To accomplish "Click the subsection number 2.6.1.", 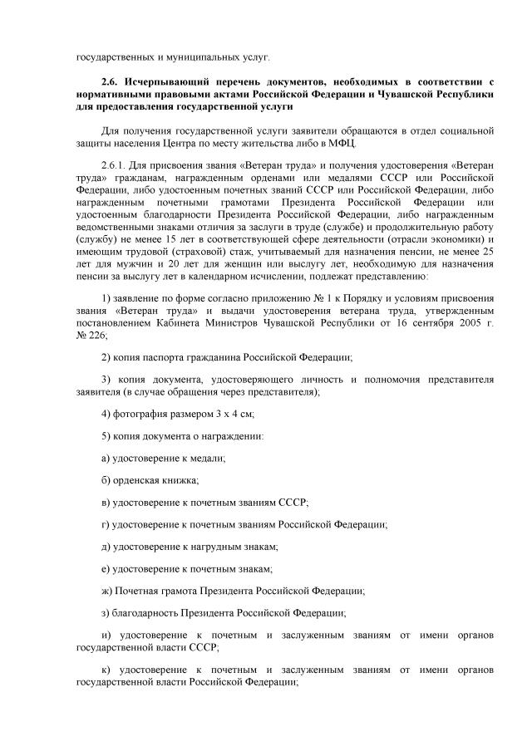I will coord(115,166).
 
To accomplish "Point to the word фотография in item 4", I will coord(139,413).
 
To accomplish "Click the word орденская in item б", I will coord(137,480).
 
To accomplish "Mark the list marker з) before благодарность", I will coord(105,613).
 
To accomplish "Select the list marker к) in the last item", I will coord(105,670).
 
